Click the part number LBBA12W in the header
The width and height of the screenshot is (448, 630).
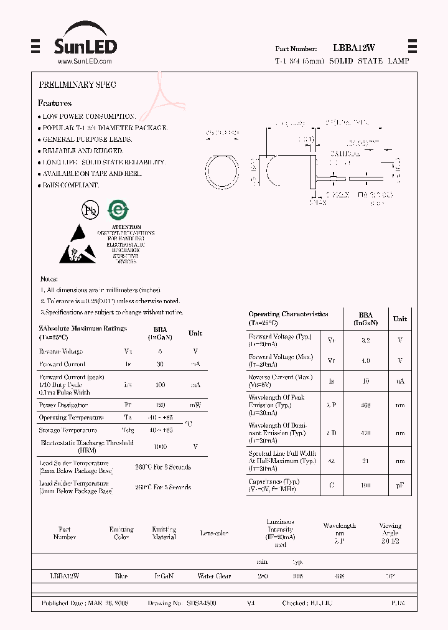[353, 48]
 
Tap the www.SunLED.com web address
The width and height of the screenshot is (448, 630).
[84, 62]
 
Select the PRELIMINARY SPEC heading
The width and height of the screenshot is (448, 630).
[77, 84]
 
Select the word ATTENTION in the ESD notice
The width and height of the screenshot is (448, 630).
[126, 228]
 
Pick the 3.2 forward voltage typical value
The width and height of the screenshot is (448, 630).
[365, 341]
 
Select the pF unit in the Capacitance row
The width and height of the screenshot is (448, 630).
[399, 485]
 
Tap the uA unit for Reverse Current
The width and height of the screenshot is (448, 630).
[399, 380]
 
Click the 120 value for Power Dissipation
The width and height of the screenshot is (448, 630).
[160, 405]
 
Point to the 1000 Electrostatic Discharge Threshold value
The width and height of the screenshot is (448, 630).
[160, 446]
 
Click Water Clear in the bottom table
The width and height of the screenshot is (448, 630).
[214, 576]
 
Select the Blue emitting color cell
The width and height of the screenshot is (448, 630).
[121, 576]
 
